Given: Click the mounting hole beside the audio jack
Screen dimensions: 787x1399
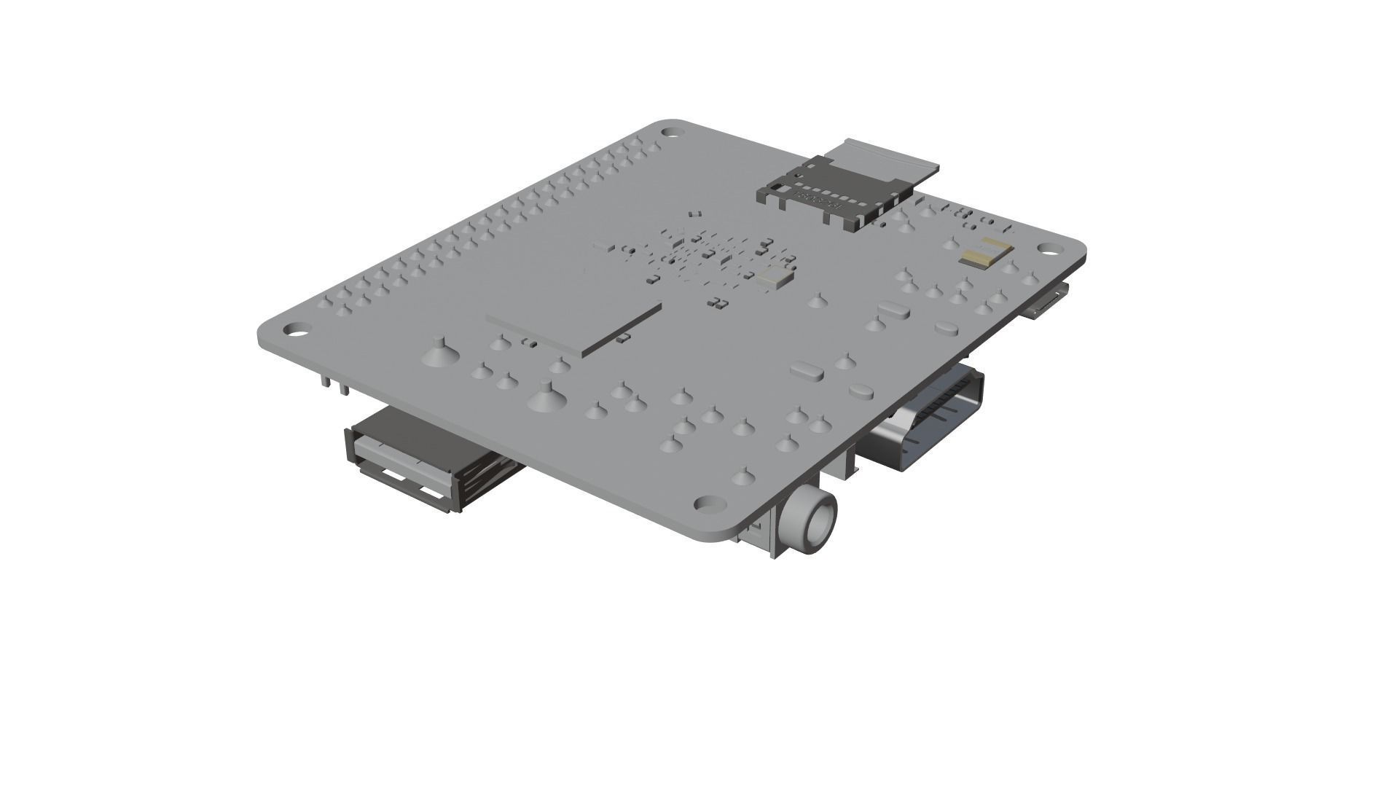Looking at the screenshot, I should (x=706, y=504).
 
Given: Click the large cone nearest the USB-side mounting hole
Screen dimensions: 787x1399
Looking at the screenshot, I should (x=439, y=353).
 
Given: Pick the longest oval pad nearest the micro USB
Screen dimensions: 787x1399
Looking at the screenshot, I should (x=894, y=310).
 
